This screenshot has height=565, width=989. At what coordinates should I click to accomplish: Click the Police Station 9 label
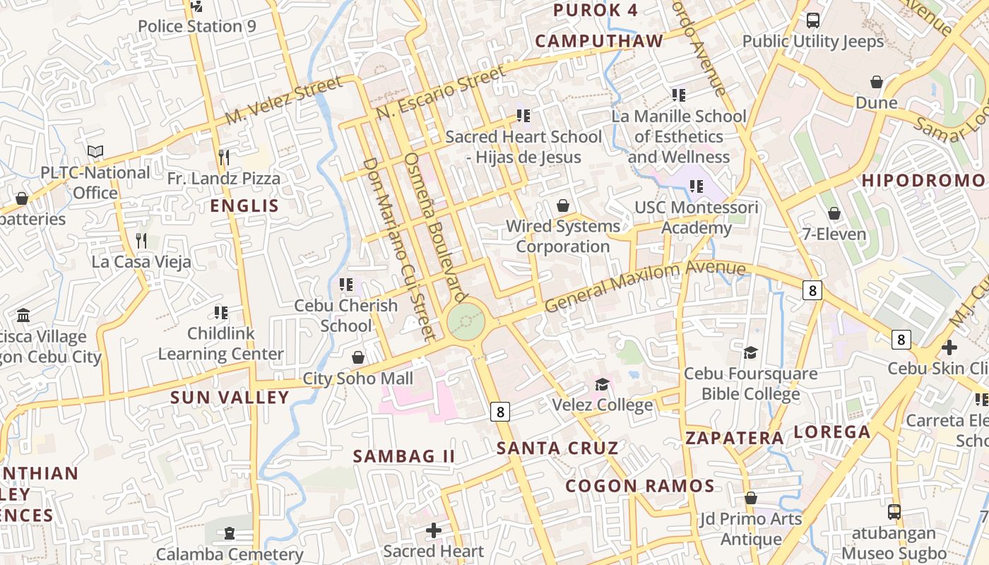[x=196, y=27]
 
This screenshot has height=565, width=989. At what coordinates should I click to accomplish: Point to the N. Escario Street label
[x=441, y=93]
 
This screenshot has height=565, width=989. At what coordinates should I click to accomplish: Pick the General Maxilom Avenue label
[x=645, y=286]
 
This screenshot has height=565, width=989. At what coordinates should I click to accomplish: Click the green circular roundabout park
[x=466, y=321]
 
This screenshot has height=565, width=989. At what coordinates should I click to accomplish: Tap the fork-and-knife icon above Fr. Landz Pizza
[x=224, y=157]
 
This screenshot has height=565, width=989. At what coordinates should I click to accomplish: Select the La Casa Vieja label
[x=141, y=262]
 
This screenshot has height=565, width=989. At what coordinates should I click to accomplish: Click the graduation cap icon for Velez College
[x=602, y=384]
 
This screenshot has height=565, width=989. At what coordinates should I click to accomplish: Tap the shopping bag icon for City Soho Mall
[x=358, y=357]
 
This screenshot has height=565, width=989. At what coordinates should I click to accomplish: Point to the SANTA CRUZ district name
[x=557, y=448]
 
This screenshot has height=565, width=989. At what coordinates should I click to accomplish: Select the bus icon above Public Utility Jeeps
[x=813, y=20]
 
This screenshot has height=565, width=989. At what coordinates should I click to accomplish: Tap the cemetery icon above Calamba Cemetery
[x=230, y=533]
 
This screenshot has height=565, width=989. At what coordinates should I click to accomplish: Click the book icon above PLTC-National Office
[x=95, y=151]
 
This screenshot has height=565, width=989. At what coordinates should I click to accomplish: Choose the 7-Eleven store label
[x=834, y=234]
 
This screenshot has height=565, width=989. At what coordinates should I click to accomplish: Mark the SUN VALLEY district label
[x=230, y=397]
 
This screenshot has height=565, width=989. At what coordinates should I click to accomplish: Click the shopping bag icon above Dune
[x=877, y=82]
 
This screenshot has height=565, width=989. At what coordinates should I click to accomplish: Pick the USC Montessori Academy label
[x=697, y=218]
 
